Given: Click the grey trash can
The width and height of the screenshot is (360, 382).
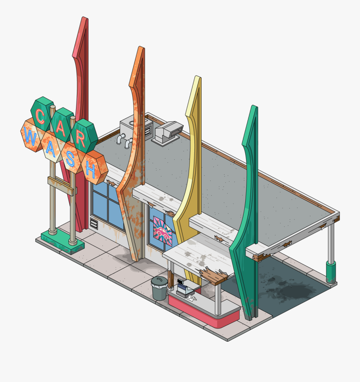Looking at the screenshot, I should click(159, 288).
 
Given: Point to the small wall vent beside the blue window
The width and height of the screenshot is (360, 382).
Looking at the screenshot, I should click(94, 224).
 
